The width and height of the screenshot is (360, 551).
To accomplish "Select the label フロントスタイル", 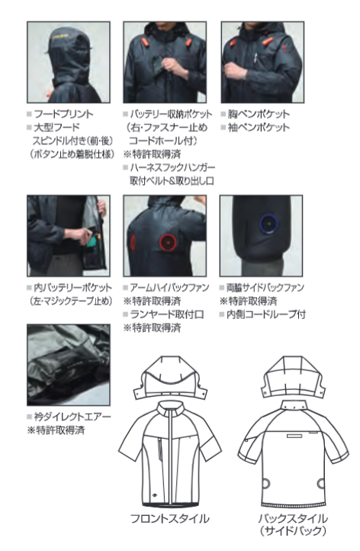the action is point(169,518).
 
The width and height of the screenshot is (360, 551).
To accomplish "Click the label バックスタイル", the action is point(293,518).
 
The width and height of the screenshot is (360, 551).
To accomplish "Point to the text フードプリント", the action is point(63,114).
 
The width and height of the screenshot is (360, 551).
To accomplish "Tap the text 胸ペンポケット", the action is point(259,114).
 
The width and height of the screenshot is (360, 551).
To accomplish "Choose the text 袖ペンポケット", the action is point(259,127).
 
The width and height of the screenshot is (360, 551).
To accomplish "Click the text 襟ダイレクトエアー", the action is point(72,417).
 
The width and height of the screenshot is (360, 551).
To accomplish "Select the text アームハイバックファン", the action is point(169,288).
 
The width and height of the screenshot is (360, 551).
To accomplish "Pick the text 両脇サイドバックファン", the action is point(265,288).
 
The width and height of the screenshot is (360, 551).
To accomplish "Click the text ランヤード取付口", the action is point(167,314).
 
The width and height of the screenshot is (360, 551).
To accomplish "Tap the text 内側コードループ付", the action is point(266,314).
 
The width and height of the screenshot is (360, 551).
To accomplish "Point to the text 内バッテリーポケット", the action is point(72,288).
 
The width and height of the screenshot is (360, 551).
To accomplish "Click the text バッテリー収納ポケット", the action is point(171,114).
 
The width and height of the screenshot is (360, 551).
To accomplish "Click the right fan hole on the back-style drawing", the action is point(320,484).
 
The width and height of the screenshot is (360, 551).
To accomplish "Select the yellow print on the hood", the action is point(59,36).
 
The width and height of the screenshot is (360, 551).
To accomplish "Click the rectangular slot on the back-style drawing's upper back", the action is point(294,436).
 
